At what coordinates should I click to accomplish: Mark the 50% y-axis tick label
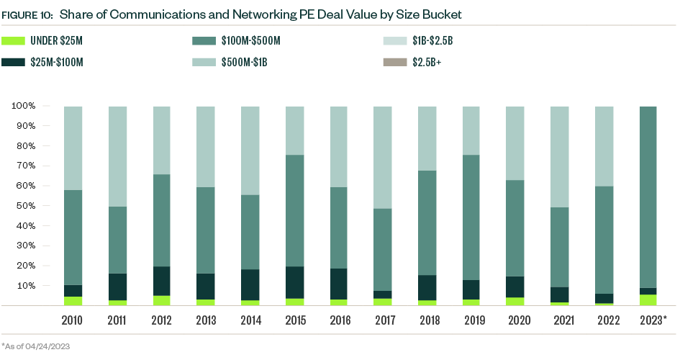[x=25, y=206]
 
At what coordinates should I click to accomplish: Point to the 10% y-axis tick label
[x=25, y=286]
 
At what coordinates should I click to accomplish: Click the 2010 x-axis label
[x=73, y=319]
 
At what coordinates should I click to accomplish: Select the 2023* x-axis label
[x=653, y=319]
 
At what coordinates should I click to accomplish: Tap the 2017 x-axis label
[x=383, y=319]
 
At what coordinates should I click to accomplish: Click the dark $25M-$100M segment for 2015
[x=294, y=282]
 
